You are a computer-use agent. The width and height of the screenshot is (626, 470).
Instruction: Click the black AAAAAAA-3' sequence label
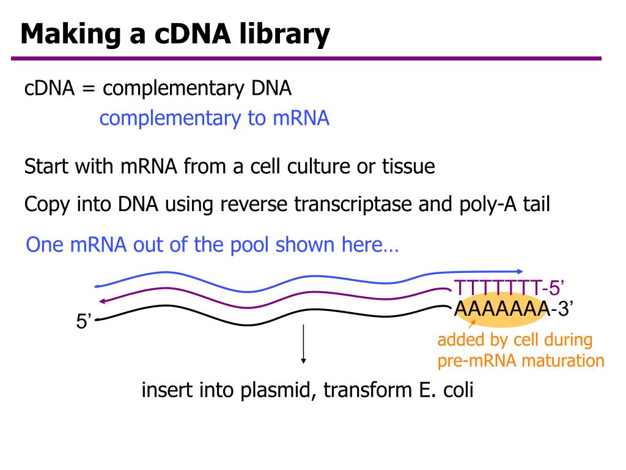[x=512, y=310]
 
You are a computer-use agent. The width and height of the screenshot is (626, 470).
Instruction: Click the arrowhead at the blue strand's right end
[x=520, y=271]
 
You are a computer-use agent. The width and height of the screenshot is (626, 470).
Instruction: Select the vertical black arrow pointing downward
[x=303, y=345]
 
